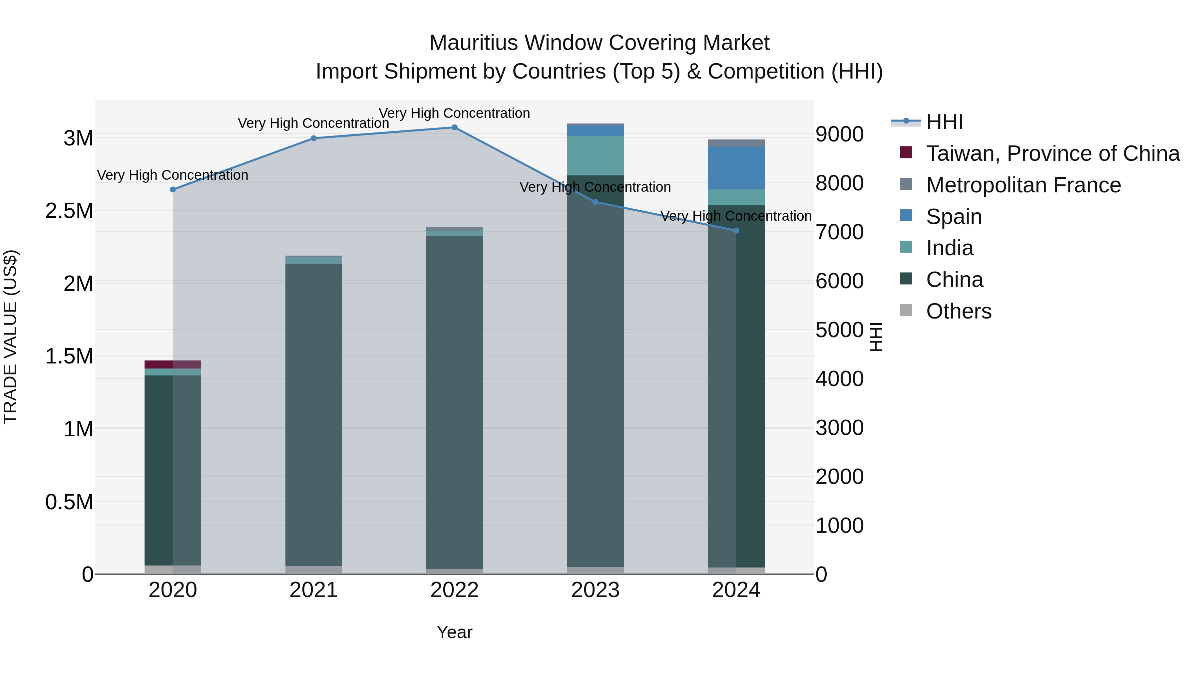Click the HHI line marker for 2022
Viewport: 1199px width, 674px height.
[x=454, y=127]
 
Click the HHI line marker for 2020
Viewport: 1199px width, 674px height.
[x=173, y=189]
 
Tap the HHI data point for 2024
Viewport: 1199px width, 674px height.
[x=736, y=231]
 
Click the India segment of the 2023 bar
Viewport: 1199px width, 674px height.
[x=595, y=155]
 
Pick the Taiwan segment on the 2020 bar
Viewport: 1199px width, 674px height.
[x=173, y=364]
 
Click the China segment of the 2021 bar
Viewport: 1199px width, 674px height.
[x=313, y=414]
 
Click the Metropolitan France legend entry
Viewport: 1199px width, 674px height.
[x=1023, y=185]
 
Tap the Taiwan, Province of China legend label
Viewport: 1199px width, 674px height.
[x=1052, y=153]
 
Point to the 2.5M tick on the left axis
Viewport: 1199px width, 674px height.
[x=69, y=211]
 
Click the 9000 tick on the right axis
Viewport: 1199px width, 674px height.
[x=839, y=134]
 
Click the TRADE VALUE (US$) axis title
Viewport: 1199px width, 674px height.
[x=10, y=337]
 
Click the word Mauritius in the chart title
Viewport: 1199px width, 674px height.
[x=473, y=43]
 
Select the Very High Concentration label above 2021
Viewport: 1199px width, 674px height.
[x=313, y=123]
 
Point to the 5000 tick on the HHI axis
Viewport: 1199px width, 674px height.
[x=839, y=330]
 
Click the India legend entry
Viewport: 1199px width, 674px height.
[x=949, y=248]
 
